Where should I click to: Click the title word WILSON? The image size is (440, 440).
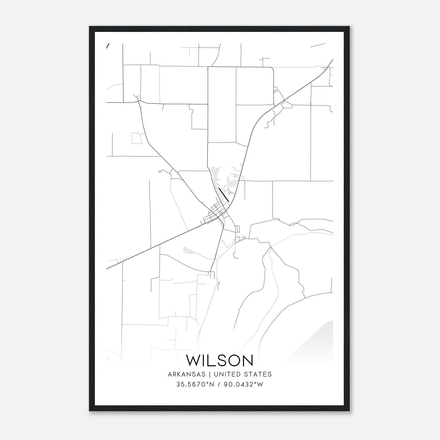click(219, 360)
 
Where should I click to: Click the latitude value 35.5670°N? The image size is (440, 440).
click(195, 384)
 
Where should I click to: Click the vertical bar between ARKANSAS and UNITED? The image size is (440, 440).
click(209, 374)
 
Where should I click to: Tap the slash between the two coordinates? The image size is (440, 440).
click(219, 384)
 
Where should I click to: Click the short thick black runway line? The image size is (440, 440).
click(224, 195)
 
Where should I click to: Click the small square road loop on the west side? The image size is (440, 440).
click(136, 138)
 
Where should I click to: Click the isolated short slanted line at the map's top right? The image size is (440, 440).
click(318, 45)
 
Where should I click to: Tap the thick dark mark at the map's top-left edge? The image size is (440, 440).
click(108, 46)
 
